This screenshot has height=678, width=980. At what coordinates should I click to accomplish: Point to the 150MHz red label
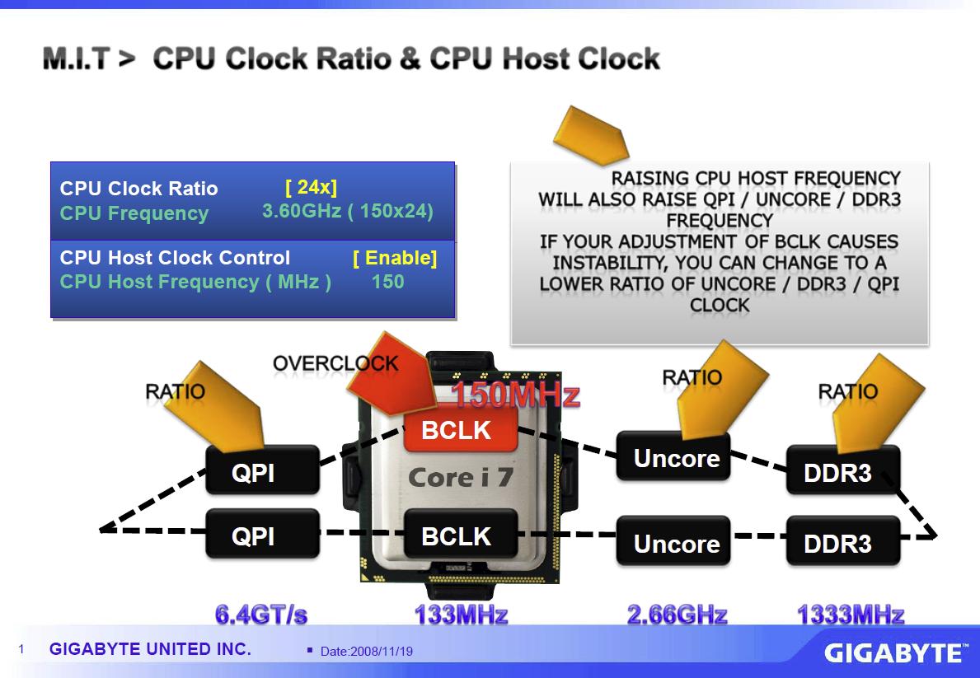tap(515, 395)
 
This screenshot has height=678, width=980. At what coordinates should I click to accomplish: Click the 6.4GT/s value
tap(261, 615)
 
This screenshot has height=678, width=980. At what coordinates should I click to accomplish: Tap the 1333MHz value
tap(850, 615)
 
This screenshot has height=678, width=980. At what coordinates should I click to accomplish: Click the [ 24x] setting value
tap(311, 187)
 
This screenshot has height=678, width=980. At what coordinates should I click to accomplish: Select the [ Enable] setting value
tap(395, 258)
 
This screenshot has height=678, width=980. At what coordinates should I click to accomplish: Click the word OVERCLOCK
tap(335, 362)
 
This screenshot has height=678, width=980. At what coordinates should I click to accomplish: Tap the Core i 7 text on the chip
tap(459, 478)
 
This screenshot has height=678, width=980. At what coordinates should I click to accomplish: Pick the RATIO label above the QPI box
tap(175, 390)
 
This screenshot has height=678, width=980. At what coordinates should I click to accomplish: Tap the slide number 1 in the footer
tap(22, 650)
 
